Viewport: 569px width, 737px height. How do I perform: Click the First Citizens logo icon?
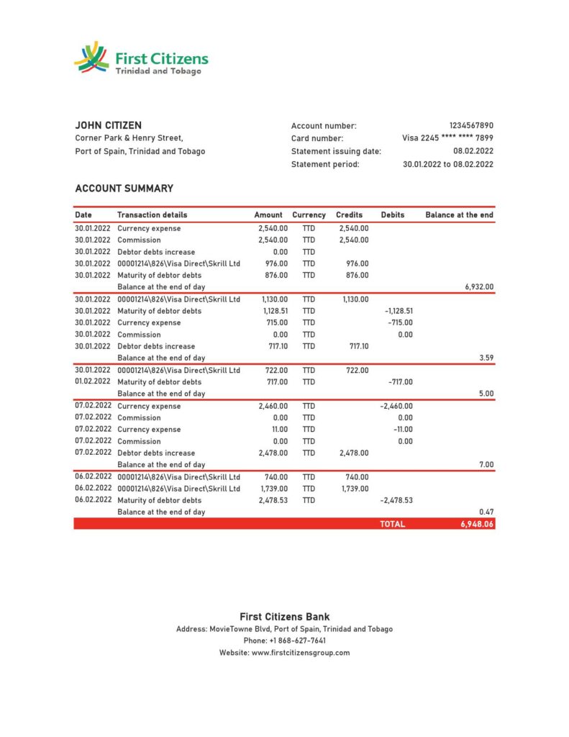coord(91,57)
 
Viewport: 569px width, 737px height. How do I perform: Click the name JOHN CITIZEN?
coord(109,125)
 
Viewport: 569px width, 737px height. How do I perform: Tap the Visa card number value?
coord(447,138)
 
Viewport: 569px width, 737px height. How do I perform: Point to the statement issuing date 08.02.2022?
coord(473,151)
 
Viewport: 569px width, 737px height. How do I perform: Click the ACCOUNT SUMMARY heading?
coord(124,189)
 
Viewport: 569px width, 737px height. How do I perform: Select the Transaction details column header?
coord(152,214)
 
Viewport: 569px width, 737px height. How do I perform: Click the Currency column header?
coord(309,214)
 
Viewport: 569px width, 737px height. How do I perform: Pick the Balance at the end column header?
coord(459,214)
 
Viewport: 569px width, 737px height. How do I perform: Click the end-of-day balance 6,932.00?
coord(479,286)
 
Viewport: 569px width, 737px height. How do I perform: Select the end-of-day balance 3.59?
coord(486,358)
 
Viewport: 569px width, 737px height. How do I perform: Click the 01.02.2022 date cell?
coord(93,381)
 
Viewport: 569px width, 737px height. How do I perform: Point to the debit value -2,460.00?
coord(396,406)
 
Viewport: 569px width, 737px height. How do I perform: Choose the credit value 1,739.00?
coord(354,489)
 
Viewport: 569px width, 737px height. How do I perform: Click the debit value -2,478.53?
coord(396,500)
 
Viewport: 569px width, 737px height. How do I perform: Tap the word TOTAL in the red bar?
coord(392,525)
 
